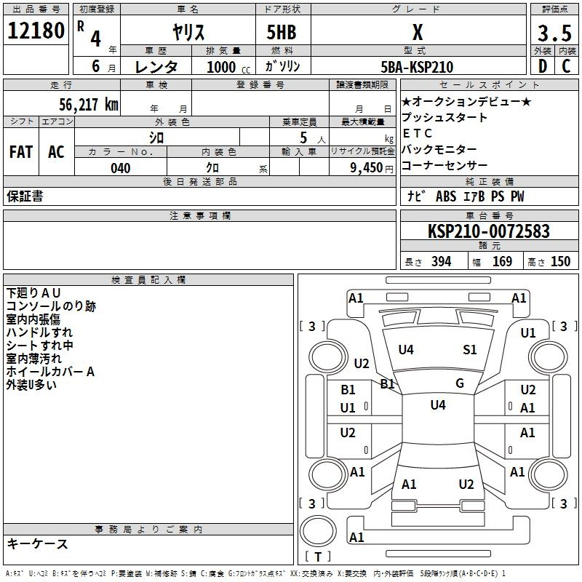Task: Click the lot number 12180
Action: pyautogui.click(x=36, y=31)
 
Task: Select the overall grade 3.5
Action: pyautogui.click(x=554, y=33)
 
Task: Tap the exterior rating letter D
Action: pyautogui.click(x=543, y=66)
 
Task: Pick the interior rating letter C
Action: pyautogui.click(x=566, y=66)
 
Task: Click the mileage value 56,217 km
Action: pyautogui.click(x=89, y=105)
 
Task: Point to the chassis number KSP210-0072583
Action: pyautogui.click(x=489, y=231)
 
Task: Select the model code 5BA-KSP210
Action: pyautogui.click(x=417, y=67)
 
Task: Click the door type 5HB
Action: pyautogui.click(x=282, y=32)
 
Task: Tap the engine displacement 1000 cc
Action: pyautogui.click(x=228, y=67)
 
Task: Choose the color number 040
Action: pyautogui.click(x=121, y=168)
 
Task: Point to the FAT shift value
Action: pyautogui.click(x=21, y=152)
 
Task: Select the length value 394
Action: pyautogui.click(x=442, y=261)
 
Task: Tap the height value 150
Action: pyautogui.click(x=560, y=261)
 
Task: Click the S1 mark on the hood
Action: pyautogui.click(x=469, y=350)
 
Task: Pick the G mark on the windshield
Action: pyautogui.click(x=460, y=383)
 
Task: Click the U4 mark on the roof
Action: pyautogui.click(x=438, y=404)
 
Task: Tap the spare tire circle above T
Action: pyautogui.click(x=318, y=531)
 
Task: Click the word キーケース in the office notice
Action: pyautogui.click(x=37, y=544)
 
